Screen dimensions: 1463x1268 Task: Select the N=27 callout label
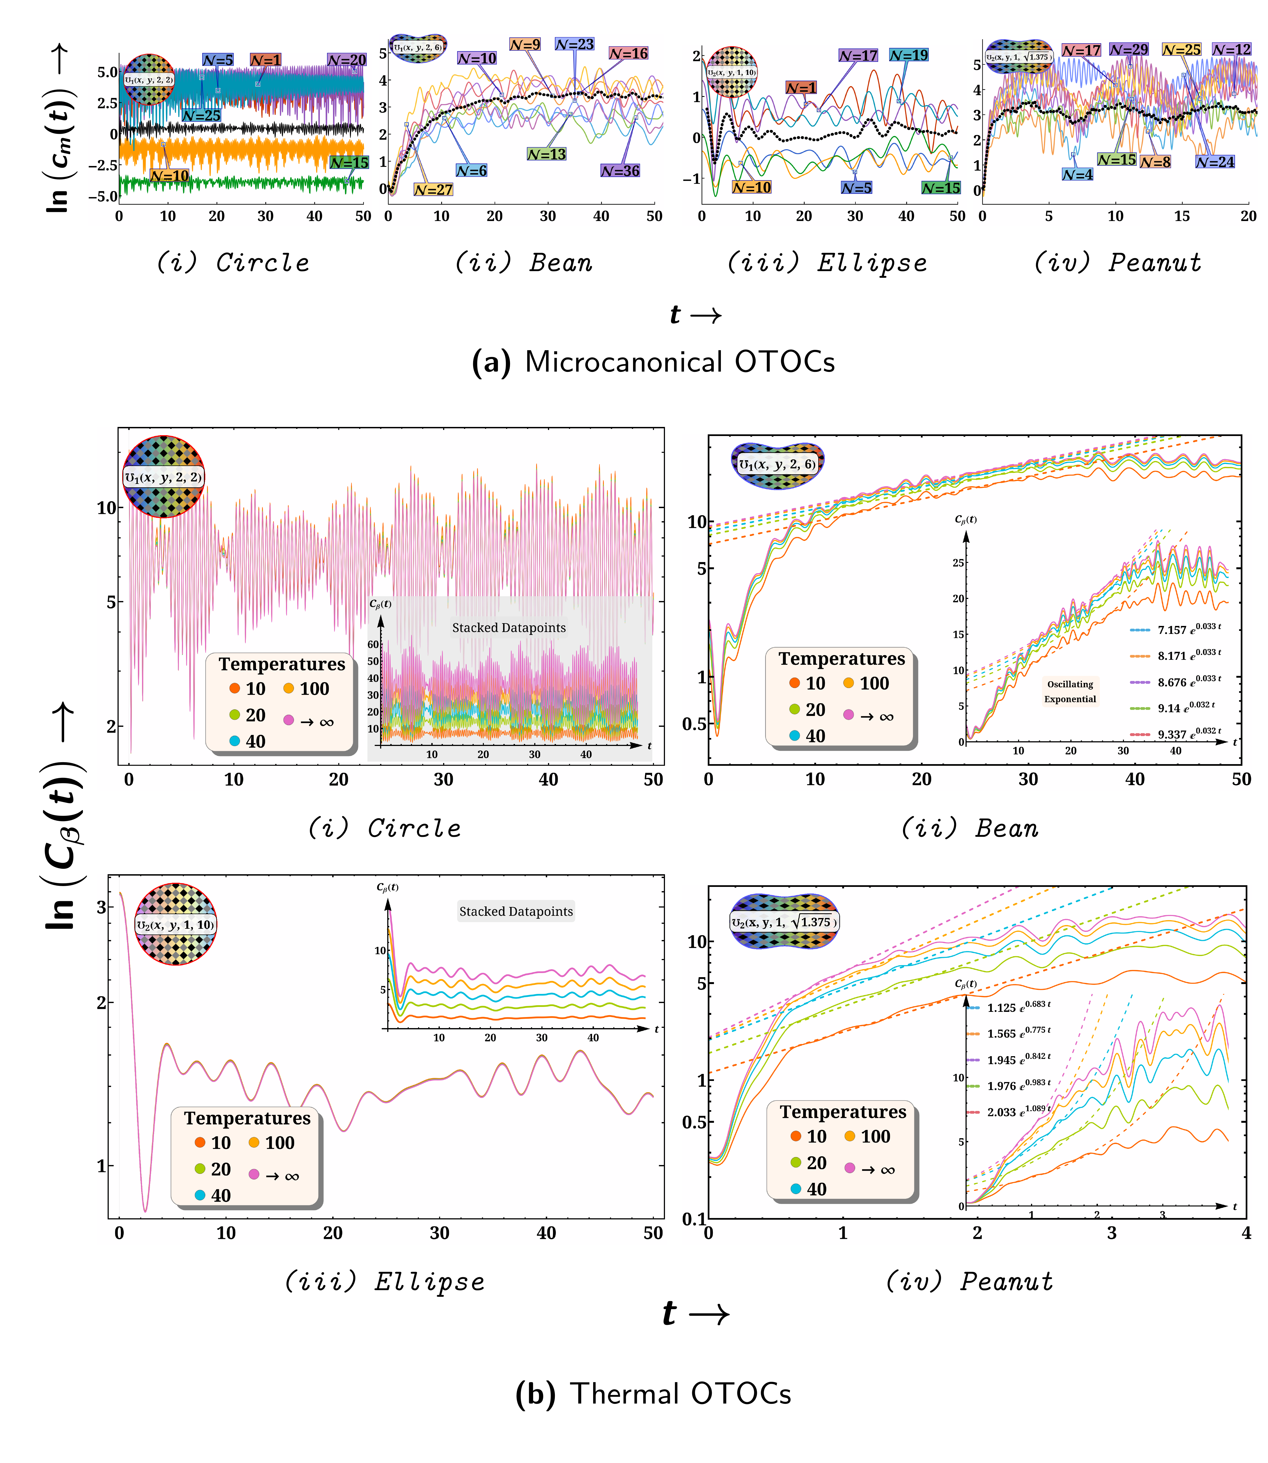[433, 190]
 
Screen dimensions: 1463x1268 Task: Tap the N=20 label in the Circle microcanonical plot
[347, 60]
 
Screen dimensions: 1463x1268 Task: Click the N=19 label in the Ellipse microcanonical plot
[909, 55]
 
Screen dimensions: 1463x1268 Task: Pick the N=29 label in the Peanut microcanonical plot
[1129, 50]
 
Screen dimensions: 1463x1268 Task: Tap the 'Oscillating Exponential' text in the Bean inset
[1070, 691]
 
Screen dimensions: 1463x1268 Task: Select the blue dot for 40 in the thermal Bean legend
[794, 736]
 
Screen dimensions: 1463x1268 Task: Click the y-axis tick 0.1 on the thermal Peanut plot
[693, 1219]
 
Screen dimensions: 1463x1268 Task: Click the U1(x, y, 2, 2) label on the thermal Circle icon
[163, 477]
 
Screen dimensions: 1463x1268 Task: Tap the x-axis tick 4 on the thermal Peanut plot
[1246, 1233]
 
